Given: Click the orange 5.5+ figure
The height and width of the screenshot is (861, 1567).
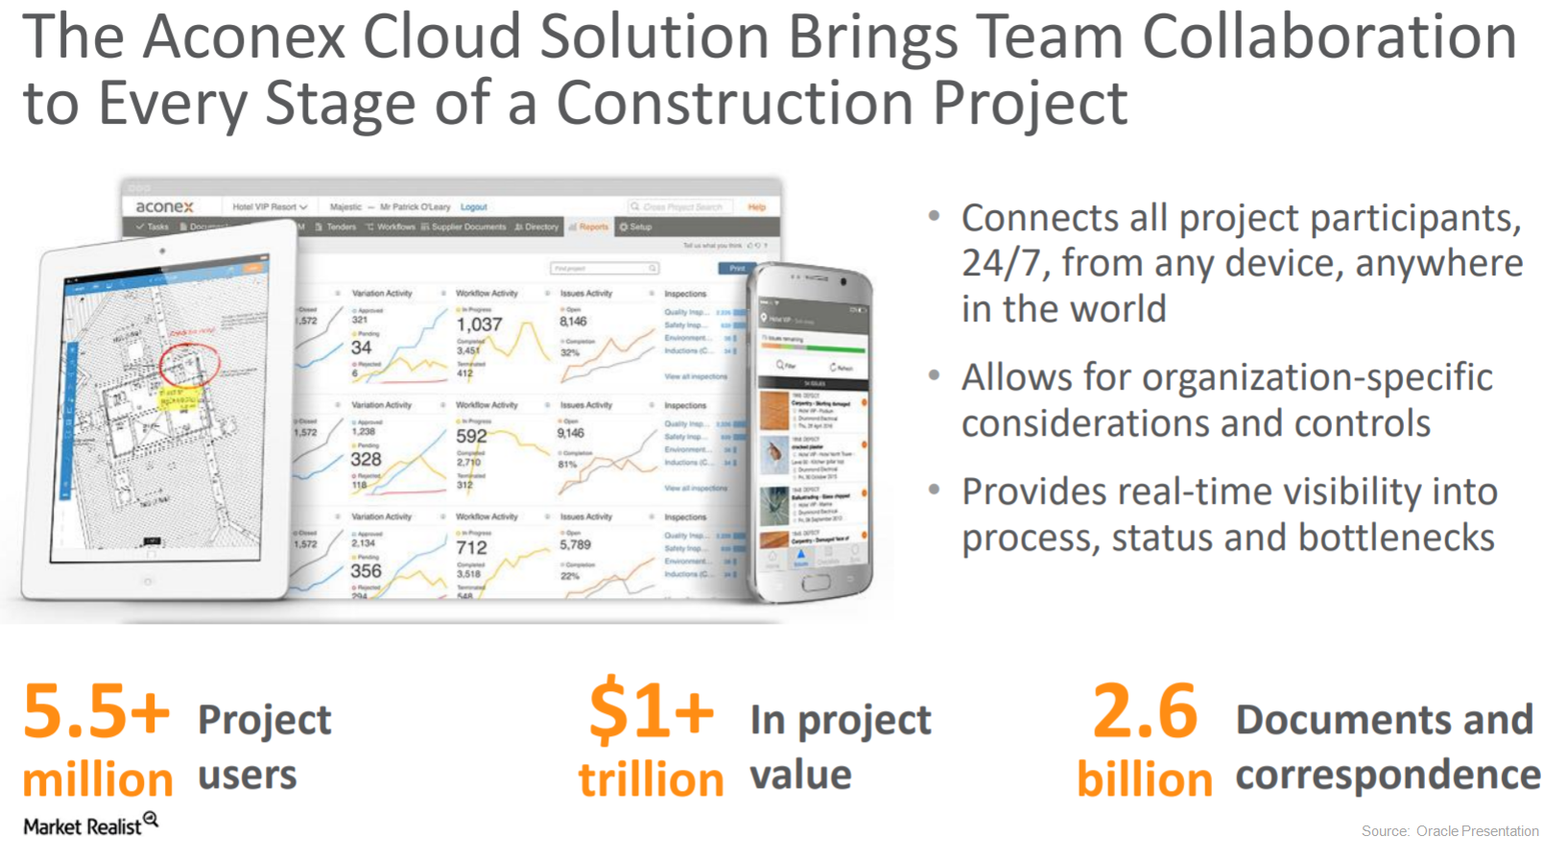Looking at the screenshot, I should [x=96, y=711].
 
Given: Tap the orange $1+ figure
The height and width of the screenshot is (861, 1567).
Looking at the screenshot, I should [x=651, y=711].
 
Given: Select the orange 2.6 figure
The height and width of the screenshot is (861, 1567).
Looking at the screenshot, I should [x=1145, y=711].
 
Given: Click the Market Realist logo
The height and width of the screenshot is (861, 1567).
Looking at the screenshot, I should [x=90, y=825].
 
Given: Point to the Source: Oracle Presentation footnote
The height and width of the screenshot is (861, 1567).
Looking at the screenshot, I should [x=1449, y=831].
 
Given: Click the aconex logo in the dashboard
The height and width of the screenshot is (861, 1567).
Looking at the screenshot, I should [x=164, y=206].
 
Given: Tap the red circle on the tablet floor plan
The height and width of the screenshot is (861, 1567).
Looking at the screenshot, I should [x=189, y=364].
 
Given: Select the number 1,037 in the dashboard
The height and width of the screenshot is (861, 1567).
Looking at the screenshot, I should [x=479, y=324].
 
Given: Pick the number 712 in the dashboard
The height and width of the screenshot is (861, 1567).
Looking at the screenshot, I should [x=471, y=547].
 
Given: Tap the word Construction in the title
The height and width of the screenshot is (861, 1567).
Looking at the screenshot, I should [x=734, y=103].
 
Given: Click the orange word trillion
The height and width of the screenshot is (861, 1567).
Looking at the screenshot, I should [x=651, y=779].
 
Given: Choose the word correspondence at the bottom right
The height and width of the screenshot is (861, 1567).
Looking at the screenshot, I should [x=1388, y=775].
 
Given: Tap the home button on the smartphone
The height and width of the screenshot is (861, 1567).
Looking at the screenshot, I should [x=815, y=583].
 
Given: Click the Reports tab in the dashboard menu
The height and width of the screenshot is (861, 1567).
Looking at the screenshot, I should [x=589, y=227].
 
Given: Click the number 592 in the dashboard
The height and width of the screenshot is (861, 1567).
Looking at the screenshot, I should [x=471, y=436].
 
